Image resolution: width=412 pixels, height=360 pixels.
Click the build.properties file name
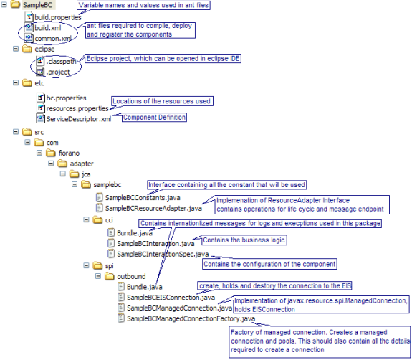[58, 17]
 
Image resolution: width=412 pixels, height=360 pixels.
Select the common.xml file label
[53, 39]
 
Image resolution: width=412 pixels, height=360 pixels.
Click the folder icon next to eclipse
[27, 49]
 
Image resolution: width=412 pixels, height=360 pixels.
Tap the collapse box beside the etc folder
[16, 83]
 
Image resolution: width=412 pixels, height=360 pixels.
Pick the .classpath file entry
[61, 62]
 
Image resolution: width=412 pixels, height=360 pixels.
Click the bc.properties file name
[66, 98]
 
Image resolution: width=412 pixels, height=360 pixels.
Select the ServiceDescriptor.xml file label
[79, 119]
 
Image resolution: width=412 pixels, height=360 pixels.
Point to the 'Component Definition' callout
[154, 118]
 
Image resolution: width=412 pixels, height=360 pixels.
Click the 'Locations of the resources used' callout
[162, 101]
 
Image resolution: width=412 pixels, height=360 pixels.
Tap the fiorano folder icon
[51, 153]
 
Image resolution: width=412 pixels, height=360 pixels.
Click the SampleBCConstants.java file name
[143, 198]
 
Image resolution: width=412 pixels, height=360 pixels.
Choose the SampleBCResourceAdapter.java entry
[153, 208]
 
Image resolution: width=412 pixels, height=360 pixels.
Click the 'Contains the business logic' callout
[244, 240]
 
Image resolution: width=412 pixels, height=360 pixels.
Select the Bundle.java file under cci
[135, 233]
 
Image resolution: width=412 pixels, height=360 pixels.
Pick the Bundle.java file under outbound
[145, 287]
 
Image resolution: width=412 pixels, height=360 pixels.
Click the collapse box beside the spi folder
[86, 266]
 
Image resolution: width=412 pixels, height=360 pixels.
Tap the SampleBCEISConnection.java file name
[171, 298]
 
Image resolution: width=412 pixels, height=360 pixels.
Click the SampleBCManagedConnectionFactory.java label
[191, 318]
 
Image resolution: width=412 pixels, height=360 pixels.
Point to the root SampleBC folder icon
[16, 4]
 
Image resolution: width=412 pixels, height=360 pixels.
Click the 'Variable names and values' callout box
[143, 5]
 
